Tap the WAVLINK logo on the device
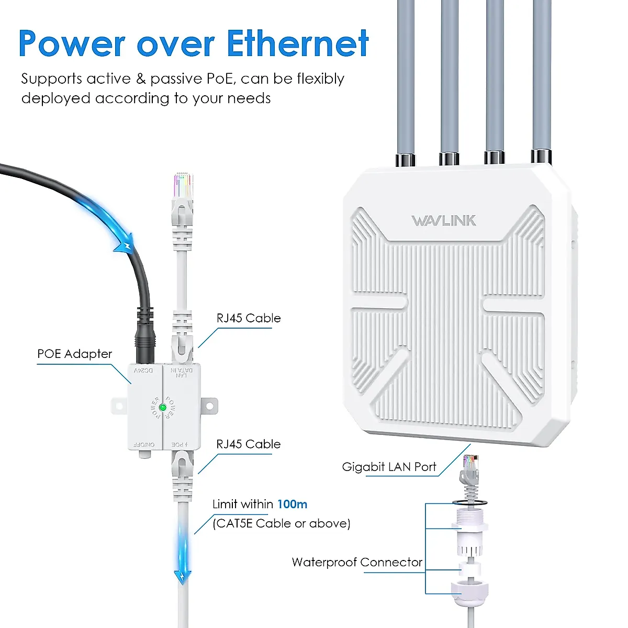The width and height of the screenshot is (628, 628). click(x=444, y=220)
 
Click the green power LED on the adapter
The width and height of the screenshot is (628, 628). click(x=163, y=407)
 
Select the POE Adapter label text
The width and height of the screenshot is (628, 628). click(x=74, y=354)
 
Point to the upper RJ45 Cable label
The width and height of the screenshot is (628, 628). click(x=249, y=318)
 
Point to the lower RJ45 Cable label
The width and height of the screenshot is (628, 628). click(x=249, y=444)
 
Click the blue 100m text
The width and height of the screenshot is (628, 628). click(x=292, y=504)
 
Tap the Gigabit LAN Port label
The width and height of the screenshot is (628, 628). click(x=389, y=467)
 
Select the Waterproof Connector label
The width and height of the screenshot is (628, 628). click(x=357, y=563)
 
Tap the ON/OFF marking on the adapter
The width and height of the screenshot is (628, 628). click(x=144, y=444)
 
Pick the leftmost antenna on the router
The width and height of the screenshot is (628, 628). click(x=406, y=78)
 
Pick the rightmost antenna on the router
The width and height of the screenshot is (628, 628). click(x=542, y=78)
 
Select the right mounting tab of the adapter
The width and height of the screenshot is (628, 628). click(x=209, y=405)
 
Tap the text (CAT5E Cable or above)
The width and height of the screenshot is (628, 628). click(x=281, y=523)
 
